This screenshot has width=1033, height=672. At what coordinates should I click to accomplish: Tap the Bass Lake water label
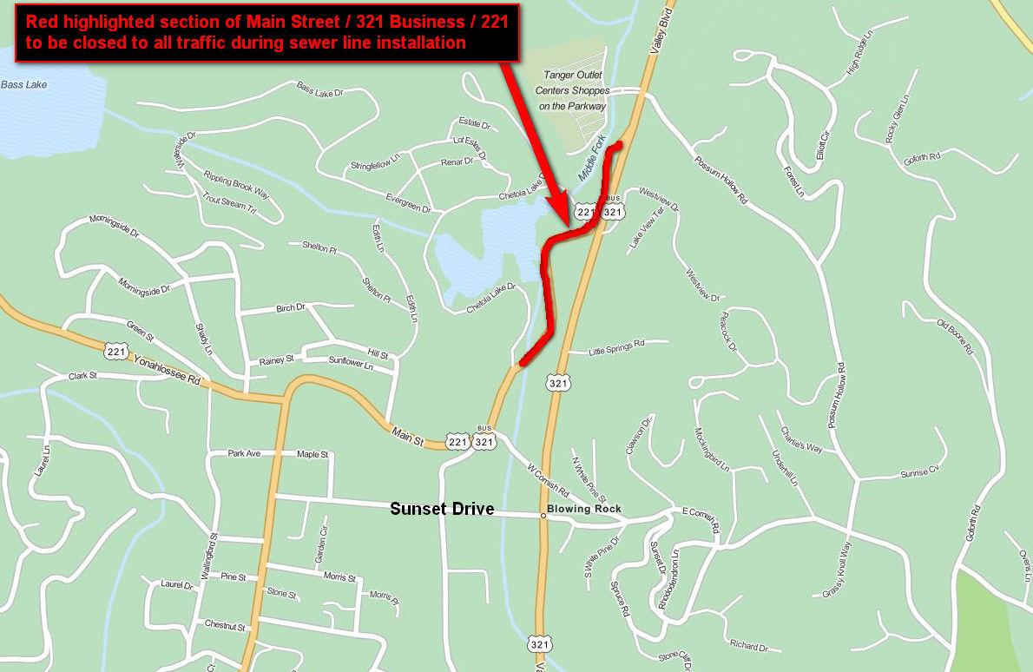coord(24,85)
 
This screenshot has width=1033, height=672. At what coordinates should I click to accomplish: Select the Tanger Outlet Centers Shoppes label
coord(571,90)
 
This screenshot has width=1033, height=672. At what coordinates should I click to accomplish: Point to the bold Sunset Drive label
coord(442,509)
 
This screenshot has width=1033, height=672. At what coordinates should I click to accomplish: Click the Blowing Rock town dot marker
coord(543,516)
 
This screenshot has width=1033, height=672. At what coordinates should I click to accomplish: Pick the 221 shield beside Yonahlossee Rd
coord(115,351)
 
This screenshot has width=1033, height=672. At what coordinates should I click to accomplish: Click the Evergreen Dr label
coord(408,202)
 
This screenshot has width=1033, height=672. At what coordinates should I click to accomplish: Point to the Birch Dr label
coord(290,307)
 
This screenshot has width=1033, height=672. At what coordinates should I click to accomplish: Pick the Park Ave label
coord(244,453)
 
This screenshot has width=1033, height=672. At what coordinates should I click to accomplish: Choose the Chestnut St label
coord(226,625)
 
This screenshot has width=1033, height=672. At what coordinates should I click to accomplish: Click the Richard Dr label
coord(749,647)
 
